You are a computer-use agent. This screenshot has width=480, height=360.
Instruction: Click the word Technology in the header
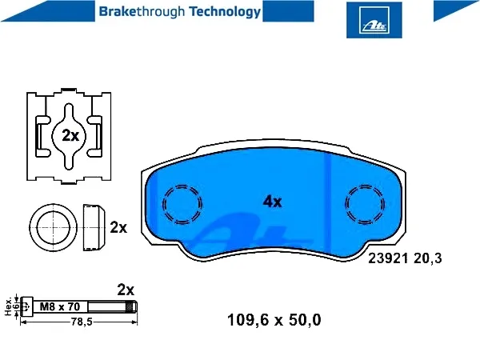click(x=225, y=12)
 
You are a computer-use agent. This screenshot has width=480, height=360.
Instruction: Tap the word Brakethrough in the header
click(x=142, y=12)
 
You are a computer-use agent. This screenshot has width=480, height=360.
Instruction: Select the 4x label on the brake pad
click(x=272, y=202)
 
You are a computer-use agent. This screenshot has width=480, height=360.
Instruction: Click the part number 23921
click(x=388, y=258)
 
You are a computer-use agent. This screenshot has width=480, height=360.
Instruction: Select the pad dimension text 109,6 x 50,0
click(x=274, y=320)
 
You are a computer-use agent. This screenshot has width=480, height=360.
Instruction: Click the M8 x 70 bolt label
click(x=60, y=306)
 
